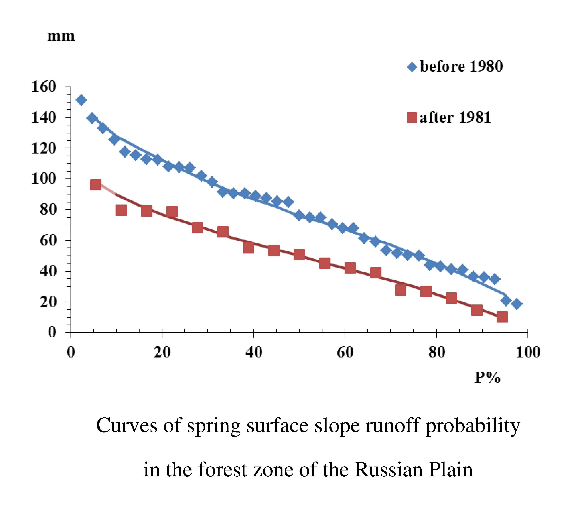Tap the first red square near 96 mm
point(96,185)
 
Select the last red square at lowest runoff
point(502,317)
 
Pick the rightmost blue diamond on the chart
point(517,304)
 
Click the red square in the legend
point(412,117)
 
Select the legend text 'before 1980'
point(461,67)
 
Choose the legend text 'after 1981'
point(455,117)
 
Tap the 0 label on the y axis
point(52,332)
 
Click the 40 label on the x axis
point(254,352)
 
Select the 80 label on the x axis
point(437,352)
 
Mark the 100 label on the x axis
point(528,352)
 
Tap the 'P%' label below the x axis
point(487,378)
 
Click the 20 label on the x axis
point(162,352)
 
